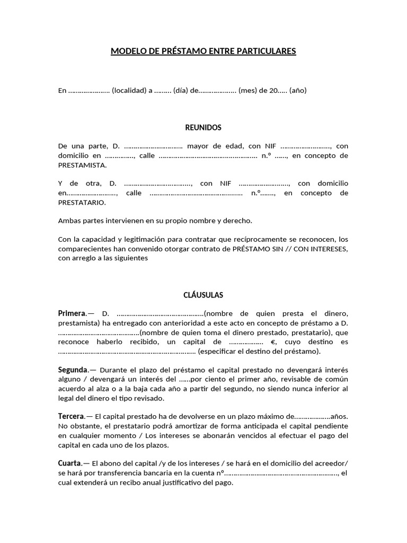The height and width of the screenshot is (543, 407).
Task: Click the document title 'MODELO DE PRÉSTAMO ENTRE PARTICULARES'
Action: [203, 51]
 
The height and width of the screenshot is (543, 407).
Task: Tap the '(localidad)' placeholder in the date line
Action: [129, 90]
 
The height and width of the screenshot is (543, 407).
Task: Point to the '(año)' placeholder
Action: [297, 90]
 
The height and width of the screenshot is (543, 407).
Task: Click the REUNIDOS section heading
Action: [203, 128]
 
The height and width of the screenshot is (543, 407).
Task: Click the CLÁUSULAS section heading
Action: [203, 295]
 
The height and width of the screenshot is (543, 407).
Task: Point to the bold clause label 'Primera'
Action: [72, 313]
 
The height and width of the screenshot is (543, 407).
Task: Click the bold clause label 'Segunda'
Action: [73, 370]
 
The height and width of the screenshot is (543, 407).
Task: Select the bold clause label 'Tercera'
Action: [72, 416]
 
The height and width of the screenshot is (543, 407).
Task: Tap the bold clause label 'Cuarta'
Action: [70, 463]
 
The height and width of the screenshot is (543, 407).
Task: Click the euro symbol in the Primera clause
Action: [273, 342]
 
